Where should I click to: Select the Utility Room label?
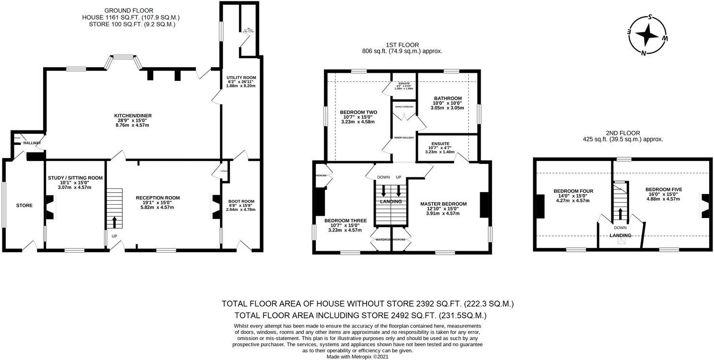pyautogui.click(x=241, y=77)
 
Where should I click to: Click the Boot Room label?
pyautogui.click(x=241, y=201)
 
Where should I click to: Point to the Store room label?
pyautogui.click(x=24, y=206)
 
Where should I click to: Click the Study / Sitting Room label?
pyautogui.click(x=75, y=178)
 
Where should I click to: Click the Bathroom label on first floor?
pyautogui.click(x=448, y=98)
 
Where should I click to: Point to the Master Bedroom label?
pyautogui.click(x=443, y=204)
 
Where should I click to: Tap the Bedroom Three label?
pyautogui.click(x=345, y=221)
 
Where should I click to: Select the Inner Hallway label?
pyautogui.click(x=404, y=138)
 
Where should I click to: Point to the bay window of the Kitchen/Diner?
pyautogui.click(x=124, y=59)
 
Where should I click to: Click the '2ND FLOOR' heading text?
pyautogui.click(x=622, y=133)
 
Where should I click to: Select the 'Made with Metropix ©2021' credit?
pyautogui.click(x=357, y=356)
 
